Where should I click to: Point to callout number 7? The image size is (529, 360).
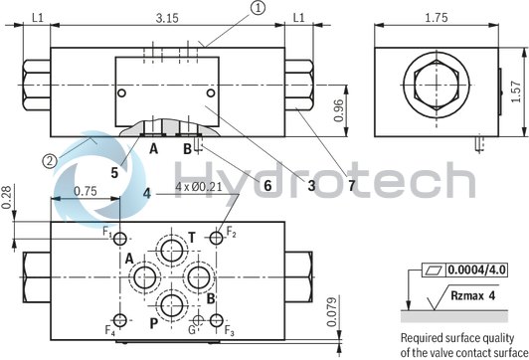coord(350,184)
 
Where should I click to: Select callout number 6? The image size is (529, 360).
coord(266,183)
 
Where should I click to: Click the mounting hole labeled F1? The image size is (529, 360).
coord(121,241)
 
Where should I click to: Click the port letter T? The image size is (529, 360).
coord(192,236)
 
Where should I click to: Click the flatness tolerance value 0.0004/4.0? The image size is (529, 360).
coord(477,270)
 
